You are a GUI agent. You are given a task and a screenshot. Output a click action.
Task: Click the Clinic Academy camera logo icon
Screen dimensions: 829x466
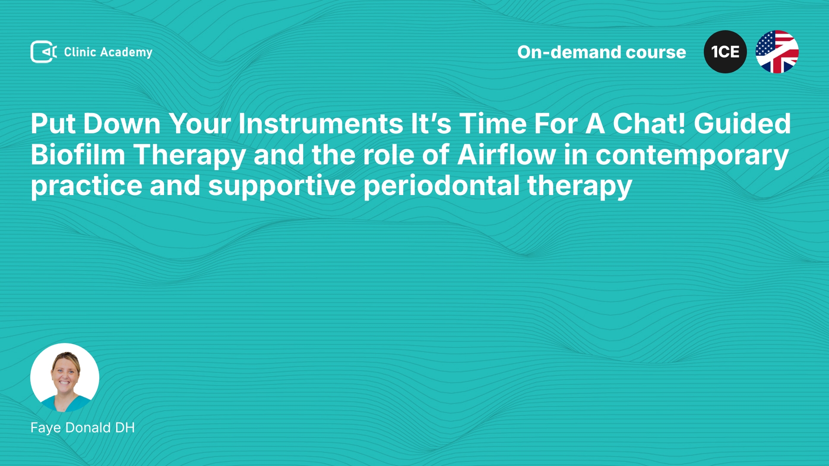click(x=43, y=52)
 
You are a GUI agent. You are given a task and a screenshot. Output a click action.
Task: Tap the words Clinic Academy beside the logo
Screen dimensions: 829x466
click(x=108, y=52)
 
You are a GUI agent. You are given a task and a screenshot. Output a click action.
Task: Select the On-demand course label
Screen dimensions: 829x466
click(x=601, y=52)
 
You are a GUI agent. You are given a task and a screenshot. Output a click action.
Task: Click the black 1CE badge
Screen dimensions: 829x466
click(x=725, y=52)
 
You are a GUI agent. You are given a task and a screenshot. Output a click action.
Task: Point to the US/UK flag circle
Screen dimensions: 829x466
click(x=777, y=52)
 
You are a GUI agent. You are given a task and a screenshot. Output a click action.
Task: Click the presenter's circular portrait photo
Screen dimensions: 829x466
click(x=65, y=378)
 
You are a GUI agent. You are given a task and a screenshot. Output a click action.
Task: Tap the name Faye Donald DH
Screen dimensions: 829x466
click(x=82, y=428)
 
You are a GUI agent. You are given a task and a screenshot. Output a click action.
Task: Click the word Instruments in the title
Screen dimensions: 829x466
click(x=321, y=124)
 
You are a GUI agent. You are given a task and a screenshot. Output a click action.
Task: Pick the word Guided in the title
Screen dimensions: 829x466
click(x=742, y=124)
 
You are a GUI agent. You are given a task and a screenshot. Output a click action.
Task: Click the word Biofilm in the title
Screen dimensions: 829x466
click(x=78, y=155)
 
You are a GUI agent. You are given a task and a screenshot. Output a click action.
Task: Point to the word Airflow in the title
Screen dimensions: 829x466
click(x=506, y=155)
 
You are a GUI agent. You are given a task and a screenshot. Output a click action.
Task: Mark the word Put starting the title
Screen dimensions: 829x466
click(x=53, y=124)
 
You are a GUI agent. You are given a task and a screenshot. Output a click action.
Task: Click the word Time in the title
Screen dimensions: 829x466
click(x=493, y=124)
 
